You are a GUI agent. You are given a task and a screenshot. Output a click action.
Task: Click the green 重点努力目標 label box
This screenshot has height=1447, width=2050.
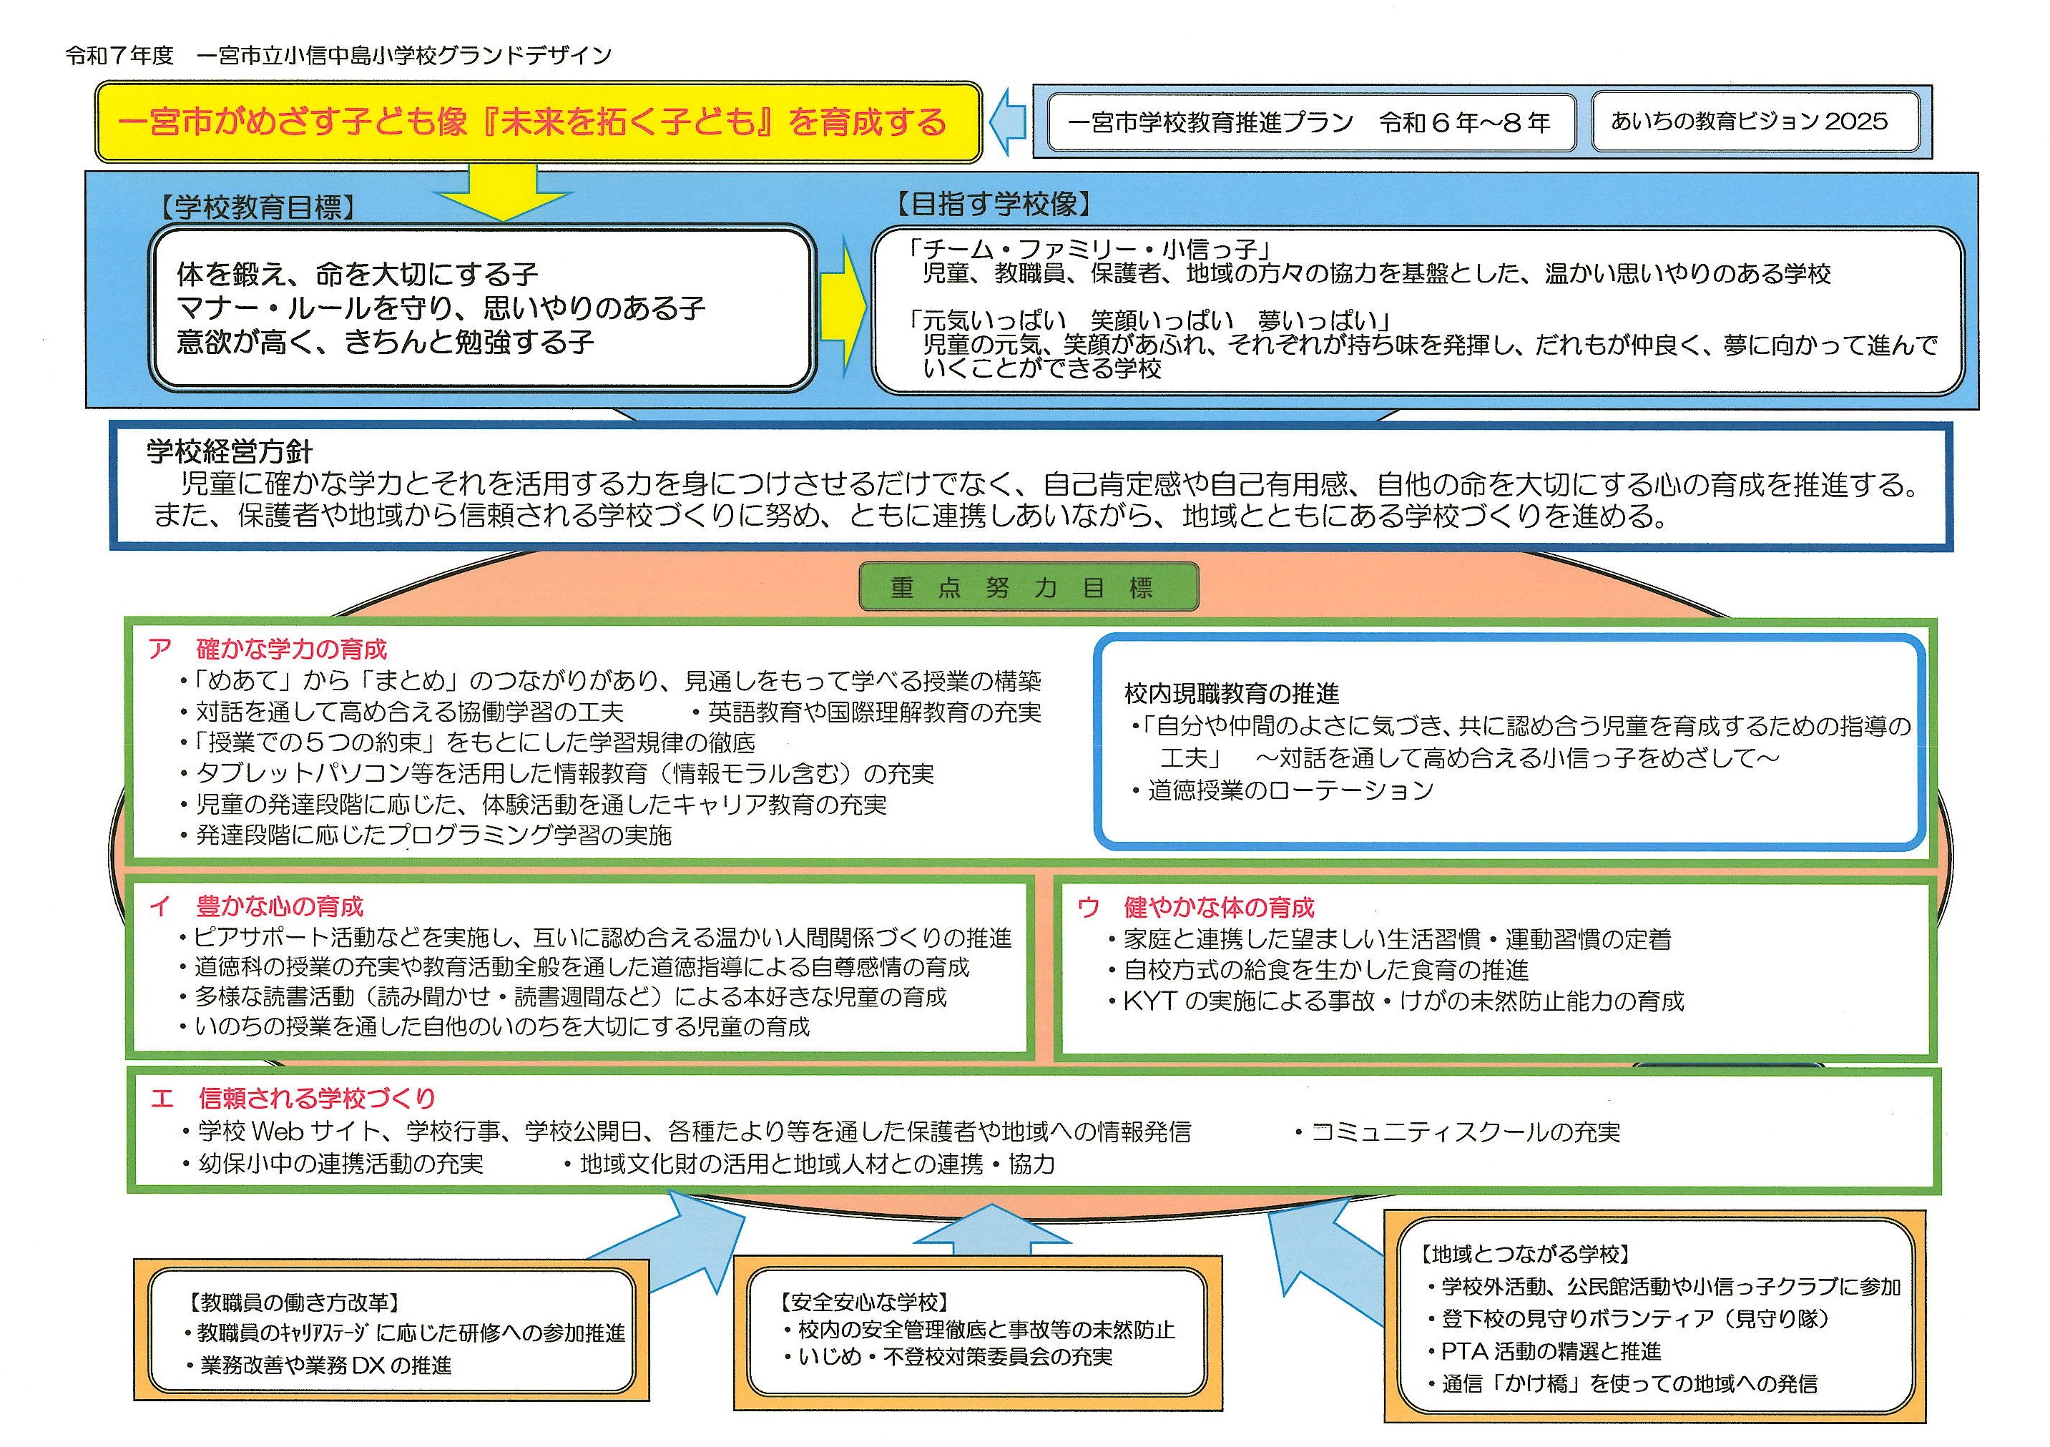(1028, 587)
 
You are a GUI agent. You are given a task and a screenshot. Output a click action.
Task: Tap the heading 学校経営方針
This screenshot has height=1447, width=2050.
(230, 451)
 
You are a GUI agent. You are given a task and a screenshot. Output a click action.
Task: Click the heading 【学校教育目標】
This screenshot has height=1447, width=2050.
(257, 208)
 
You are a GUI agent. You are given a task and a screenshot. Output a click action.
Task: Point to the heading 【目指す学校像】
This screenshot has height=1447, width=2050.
(993, 205)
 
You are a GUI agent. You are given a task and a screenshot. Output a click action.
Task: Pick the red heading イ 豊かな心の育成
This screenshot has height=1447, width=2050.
(257, 907)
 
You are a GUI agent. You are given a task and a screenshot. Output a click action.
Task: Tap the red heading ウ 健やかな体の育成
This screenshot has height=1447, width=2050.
(1197, 908)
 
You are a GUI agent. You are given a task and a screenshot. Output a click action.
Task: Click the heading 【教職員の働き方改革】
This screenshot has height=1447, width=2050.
(295, 1302)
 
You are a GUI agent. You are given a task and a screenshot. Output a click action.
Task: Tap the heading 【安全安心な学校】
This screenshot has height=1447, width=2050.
(863, 1302)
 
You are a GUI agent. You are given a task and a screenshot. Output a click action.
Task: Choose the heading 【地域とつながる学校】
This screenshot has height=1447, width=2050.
(1525, 1254)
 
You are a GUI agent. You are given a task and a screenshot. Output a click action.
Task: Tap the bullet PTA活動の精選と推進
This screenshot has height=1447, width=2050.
(1551, 1351)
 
